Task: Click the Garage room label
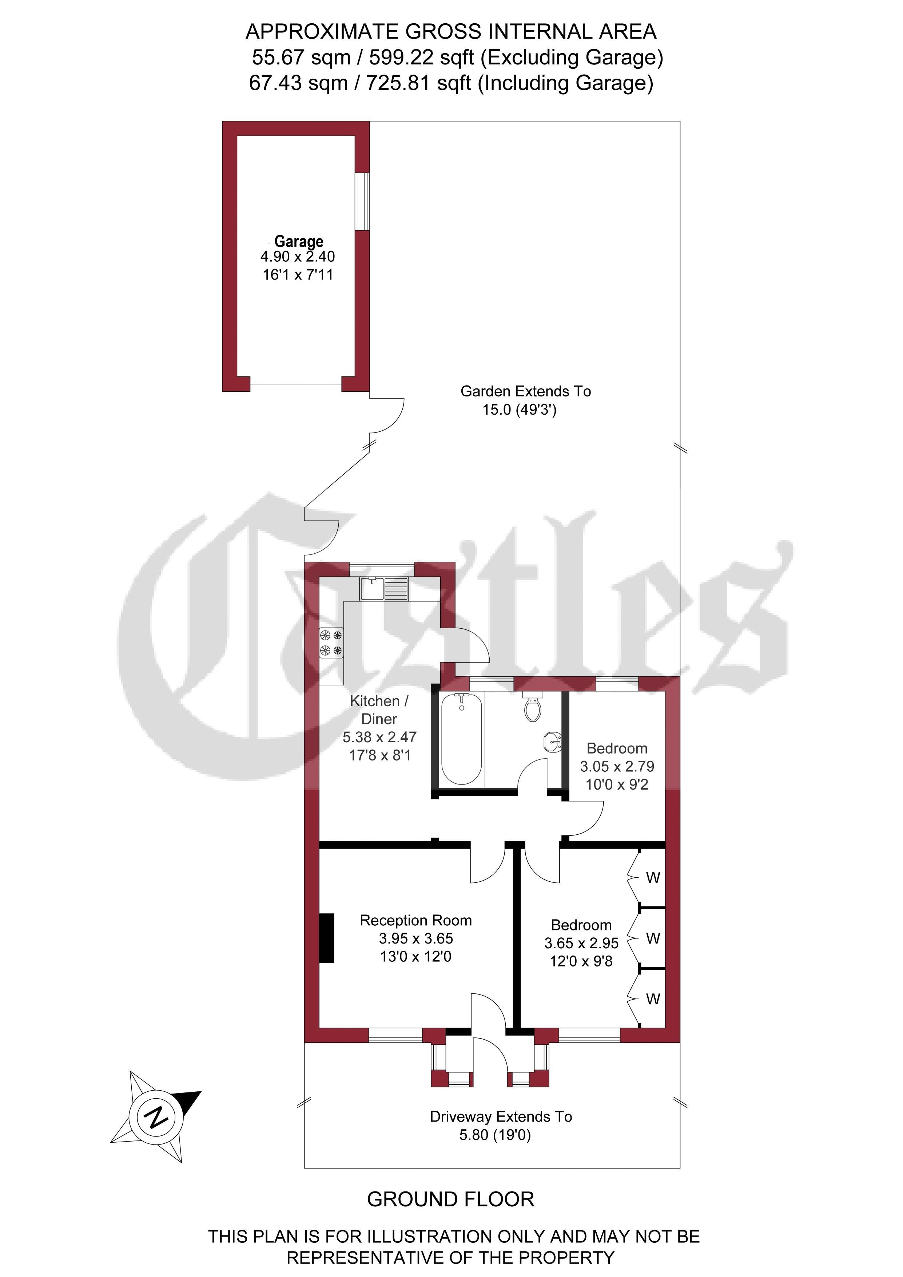[299, 241]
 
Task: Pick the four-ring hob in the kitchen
[331, 643]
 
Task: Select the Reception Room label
[415, 921]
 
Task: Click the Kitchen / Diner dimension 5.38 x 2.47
[379, 737]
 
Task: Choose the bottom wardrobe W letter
[653, 999]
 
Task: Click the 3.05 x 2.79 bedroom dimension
[617, 766]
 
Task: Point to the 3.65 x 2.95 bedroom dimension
[581, 943]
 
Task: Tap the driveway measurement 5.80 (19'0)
[495, 1135]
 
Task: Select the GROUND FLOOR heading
[450, 1199]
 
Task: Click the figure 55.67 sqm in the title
[301, 57]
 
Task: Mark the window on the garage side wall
[362, 201]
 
